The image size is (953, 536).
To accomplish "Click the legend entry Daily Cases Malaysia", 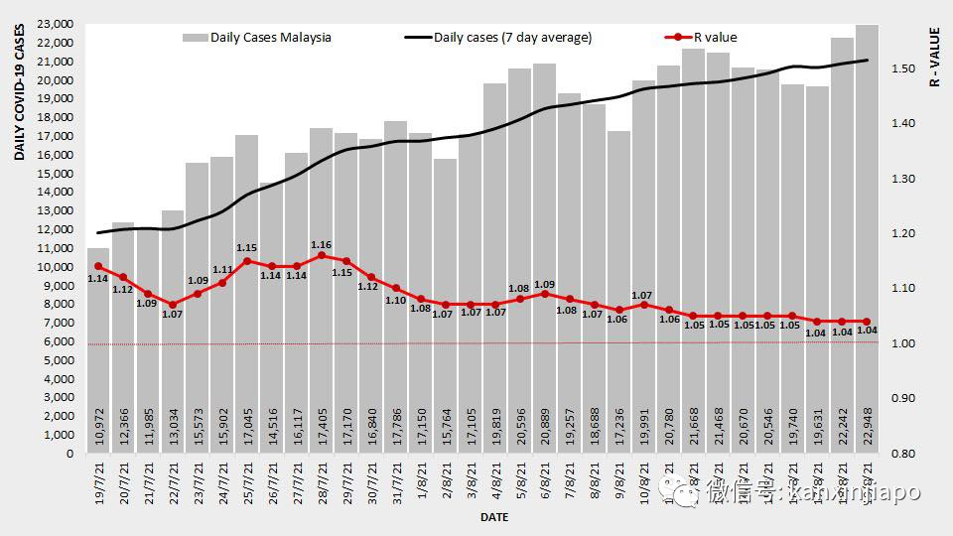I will click(271, 38).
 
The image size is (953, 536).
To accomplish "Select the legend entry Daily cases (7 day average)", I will click(512, 38).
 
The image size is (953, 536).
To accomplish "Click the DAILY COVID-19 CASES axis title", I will click(19, 95).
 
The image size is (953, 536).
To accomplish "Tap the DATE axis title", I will click(494, 518).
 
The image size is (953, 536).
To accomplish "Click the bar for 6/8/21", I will click(544, 248).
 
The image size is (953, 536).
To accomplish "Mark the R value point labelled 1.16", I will click(321, 255).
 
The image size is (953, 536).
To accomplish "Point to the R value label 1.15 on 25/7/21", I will click(247, 248).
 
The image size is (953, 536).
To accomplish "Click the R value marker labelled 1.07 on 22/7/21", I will click(173, 305).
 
